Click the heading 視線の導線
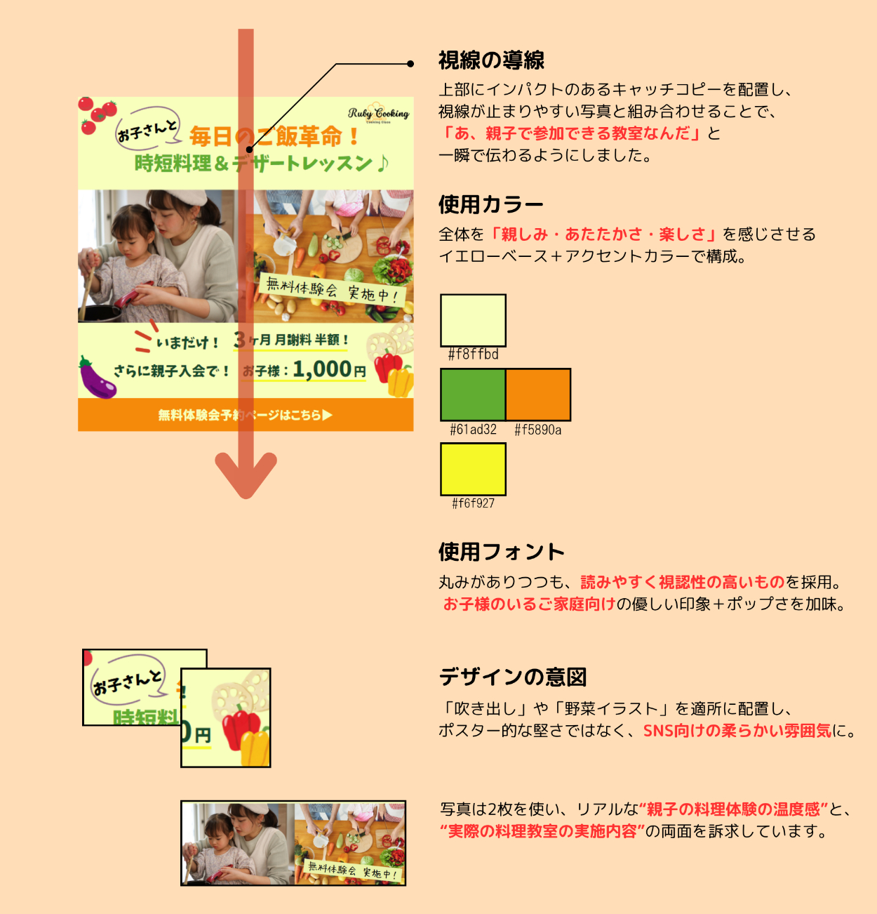point(491,61)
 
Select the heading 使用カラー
point(491,205)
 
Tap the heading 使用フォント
point(502,552)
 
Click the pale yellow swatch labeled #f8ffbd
point(473,320)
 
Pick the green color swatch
point(473,395)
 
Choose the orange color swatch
point(538,395)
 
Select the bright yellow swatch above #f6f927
point(473,469)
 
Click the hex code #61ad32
point(473,430)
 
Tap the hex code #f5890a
point(538,430)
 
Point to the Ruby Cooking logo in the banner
point(378,114)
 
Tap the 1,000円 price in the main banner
point(329,369)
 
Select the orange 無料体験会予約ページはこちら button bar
point(246,415)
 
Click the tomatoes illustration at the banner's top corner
point(96,114)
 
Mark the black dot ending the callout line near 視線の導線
point(410,64)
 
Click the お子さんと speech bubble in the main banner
point(147,129)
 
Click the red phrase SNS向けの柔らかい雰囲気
point(737,731)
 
